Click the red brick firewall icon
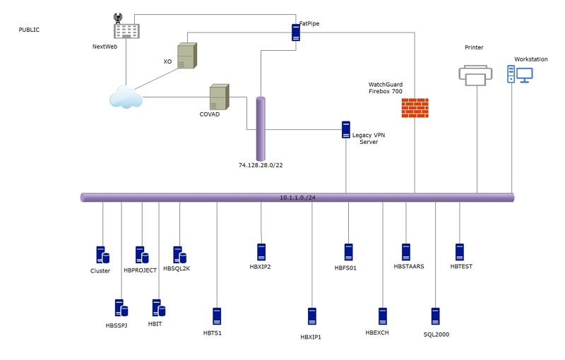point(415,107)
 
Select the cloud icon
point(126,97)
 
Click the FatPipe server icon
point(296,32)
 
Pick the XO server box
point(187,56)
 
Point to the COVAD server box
point(220,97)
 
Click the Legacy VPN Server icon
point(346,130)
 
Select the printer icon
point(475,76)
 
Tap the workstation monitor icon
point(524,76)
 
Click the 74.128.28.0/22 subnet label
point(261,165)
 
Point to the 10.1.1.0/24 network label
point(297,198)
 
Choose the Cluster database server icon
point(102,256)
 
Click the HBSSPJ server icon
point(121,308)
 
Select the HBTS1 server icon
point(217,316)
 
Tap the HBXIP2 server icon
point(261,252)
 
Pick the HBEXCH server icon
point(383,316)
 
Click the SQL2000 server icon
point(436,316)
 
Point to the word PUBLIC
point(29,30)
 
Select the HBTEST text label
point(461,266)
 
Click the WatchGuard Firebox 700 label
point(386,88)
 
